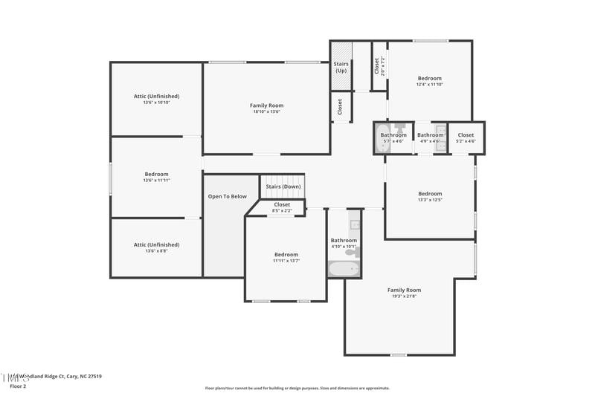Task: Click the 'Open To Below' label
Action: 228,197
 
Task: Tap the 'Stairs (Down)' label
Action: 282,186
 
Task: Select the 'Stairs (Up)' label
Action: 341,67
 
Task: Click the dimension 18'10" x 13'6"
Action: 266,112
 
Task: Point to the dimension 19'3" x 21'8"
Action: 404,296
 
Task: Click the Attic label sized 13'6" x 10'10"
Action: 156,96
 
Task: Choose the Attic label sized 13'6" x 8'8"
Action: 156,244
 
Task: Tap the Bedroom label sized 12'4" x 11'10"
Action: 429,78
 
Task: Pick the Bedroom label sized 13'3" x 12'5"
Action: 430,194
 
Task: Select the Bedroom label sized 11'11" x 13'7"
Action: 286,254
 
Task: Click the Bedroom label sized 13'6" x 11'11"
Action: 156,174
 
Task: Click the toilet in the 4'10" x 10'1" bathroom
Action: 352,253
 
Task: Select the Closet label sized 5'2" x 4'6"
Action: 466,135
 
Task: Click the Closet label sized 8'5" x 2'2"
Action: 282,204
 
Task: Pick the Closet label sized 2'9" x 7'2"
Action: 377,67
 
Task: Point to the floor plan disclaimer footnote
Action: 297,388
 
